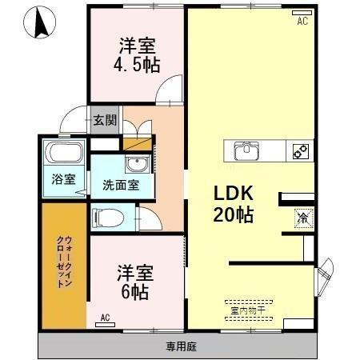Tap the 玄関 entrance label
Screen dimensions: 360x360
(x=104, y=120)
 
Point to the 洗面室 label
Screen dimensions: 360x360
(x=120, y=185)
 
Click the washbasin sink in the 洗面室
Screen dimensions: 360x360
(x=137, y=166)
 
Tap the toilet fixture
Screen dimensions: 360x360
(x=107, y=217)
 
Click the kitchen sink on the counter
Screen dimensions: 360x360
(x=246, y=150)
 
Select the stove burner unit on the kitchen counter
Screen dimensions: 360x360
(x=300, y=150)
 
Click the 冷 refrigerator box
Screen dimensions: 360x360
(x=303, y=215)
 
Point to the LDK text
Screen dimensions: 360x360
(x=233, y=194)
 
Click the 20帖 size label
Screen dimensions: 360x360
(x=233, y=214)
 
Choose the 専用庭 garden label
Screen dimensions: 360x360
(x=181, y=346)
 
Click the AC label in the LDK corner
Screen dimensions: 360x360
(x=302, y=22)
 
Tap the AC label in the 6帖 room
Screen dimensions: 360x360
(x=105, y=318)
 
